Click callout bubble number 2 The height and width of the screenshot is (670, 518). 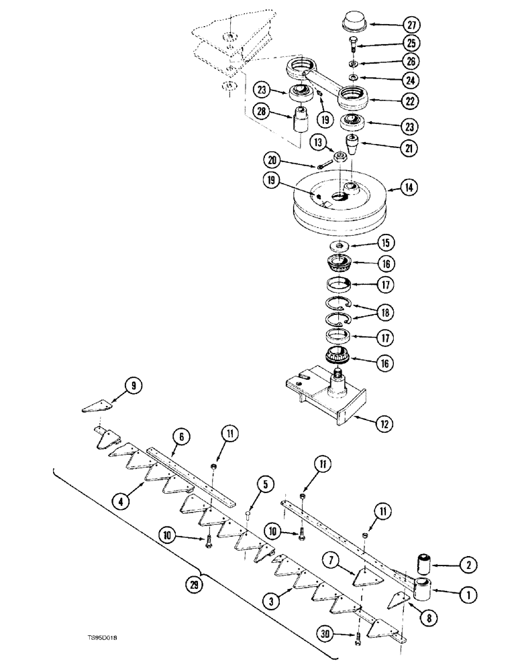pyautogui.click(x=468, y=566)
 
